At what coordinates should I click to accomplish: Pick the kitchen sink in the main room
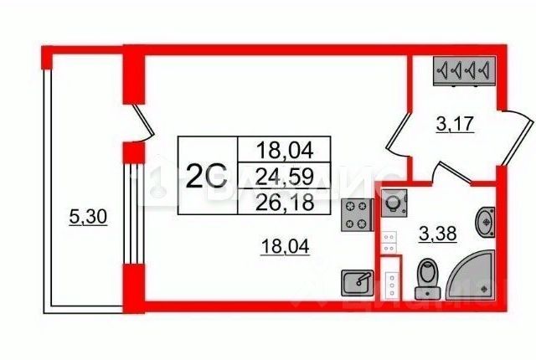coord(358,283)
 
